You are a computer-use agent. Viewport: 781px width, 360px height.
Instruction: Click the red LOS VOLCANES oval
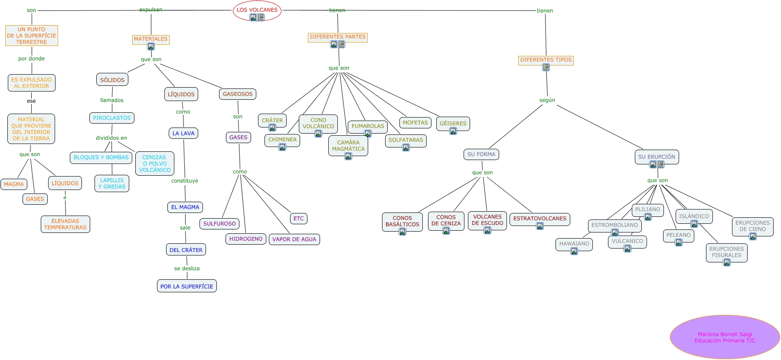point(257,10)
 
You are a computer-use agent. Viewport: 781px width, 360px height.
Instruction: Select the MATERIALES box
point(150,39)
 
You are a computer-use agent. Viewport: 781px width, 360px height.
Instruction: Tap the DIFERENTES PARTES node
point(337,37)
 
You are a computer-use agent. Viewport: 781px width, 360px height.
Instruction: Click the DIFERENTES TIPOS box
point(546,60)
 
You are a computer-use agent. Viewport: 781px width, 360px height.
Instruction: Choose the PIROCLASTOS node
point(112,118)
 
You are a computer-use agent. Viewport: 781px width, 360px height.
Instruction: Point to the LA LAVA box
point(183,133)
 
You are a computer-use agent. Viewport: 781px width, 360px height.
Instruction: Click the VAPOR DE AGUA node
point(294,239)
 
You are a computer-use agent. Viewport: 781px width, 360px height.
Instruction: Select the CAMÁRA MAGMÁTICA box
point(348,145)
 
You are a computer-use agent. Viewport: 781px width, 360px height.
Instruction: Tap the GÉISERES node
point(453,123)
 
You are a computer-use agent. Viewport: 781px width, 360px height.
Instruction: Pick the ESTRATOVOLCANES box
point(539,219)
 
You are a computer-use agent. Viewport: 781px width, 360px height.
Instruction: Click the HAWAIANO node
point(574,244)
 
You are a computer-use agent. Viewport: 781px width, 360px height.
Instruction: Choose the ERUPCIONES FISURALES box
point(726,252)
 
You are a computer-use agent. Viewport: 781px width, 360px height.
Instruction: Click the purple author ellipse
point(725,337)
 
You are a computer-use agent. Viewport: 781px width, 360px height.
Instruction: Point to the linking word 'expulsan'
point(151,10)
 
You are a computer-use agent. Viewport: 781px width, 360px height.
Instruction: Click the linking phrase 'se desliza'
point(187,268)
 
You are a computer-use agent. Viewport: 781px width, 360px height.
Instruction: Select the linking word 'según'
point(547,100)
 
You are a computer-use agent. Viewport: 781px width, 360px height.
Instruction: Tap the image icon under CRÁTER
point(272,128)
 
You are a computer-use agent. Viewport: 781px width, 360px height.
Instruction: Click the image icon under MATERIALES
point(151,46)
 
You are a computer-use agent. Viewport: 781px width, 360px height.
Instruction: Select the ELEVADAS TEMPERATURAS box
point(65,224)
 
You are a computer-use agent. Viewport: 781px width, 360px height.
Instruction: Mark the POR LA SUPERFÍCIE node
point(186,286)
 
